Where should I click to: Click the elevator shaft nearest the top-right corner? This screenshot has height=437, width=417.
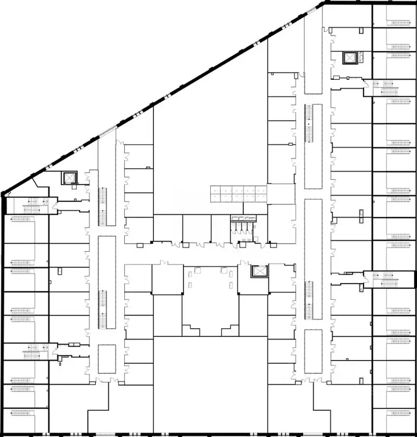[349, 58]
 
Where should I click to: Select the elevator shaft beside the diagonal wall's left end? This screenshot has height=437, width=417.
[69, 178]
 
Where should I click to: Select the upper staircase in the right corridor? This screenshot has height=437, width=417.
[309, 124]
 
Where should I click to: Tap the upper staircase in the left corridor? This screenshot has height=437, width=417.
[104, 206]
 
